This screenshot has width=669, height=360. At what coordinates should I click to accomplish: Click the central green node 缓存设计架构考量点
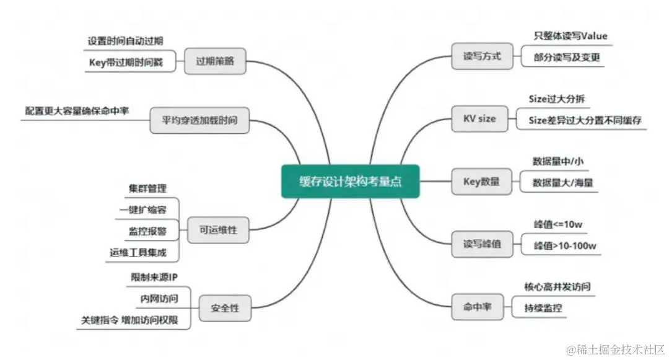click(x=350, y=182)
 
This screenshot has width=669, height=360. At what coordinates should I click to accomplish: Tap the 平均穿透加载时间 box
click(x=199, y=120)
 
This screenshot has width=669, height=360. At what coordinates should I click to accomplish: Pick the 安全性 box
click(x=224, y=308)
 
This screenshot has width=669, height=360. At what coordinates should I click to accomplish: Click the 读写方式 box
click(x=481, y=56)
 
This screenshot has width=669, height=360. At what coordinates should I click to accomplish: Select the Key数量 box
click(x=481, y=182)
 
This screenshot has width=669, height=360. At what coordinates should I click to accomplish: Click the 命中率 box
click(x=478, y=307)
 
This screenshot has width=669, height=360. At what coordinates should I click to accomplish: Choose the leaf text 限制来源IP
click(x=154, y=277)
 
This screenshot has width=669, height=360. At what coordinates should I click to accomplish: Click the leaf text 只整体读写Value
click(x=571, y=36)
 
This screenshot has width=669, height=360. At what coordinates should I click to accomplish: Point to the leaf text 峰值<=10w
click(x=556, y=224)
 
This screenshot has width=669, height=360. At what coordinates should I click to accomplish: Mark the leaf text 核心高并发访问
click(x=557, y=287)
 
